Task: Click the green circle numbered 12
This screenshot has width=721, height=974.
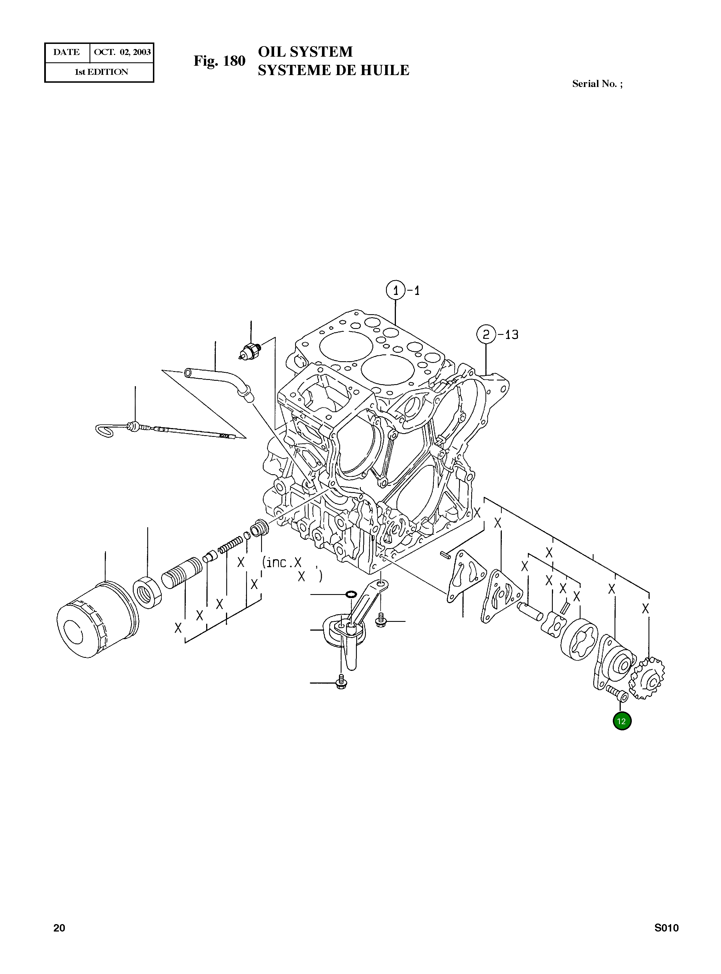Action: (x=622, y=721)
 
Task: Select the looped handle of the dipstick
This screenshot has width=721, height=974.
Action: (x=105, y=430)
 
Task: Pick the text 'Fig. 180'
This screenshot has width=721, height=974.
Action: (x=219, y=61)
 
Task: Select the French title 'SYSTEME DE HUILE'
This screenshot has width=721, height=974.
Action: (x=333, y=70)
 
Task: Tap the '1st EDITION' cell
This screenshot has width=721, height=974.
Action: (x=101, y=72)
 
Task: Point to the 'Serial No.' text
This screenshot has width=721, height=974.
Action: (x=594, y=84)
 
